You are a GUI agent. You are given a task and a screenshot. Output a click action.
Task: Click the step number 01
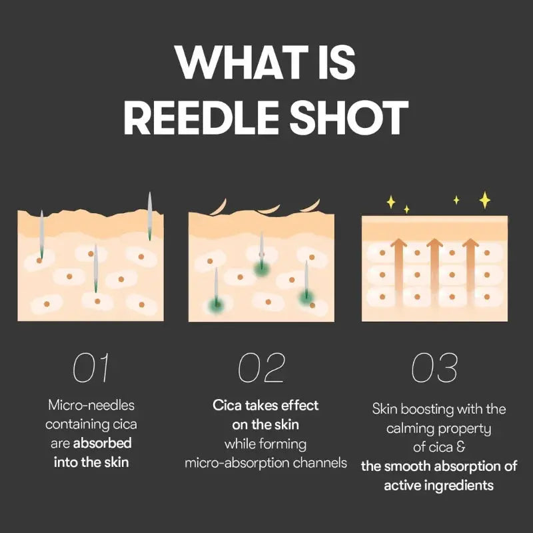tap(91, 368)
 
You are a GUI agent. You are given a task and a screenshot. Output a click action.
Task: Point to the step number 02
tap(262, 368)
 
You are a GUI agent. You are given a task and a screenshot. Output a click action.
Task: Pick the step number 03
tap(434, 368)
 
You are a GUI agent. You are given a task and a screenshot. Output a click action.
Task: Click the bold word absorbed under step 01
tap(102, 442)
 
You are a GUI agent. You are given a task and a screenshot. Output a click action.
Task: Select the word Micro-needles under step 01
tap(91, 405)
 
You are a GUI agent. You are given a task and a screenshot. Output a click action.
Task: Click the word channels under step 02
tap(324, 462)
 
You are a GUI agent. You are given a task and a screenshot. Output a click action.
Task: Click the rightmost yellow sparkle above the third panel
tap(485, 199)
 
